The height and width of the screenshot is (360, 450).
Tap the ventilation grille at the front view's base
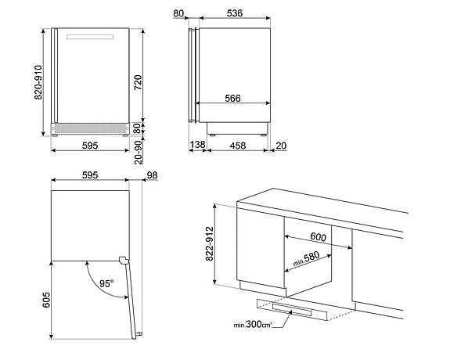88,126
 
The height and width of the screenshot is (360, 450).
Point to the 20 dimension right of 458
280,146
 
